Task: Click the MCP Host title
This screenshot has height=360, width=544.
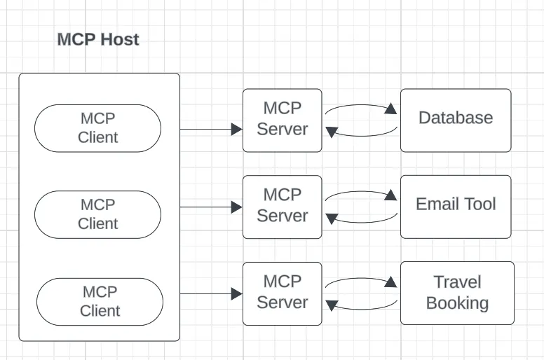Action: [x=98, y=39]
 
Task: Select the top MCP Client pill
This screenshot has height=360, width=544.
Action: [x=97, y=128]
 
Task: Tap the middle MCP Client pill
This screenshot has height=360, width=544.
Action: [x=97, y=214]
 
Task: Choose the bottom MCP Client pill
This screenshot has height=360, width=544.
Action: [x=100, y=301]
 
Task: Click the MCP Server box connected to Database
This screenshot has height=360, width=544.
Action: [x=282, y=120]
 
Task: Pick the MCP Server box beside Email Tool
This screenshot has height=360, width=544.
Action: [x=282, y=206]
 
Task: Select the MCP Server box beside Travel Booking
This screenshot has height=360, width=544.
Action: [x=282, y=293]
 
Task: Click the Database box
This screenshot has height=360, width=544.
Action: [x=456, y=120]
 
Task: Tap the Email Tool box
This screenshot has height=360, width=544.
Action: [x=456, y=206]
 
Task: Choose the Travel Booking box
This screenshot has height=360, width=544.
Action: [x=457, y=293]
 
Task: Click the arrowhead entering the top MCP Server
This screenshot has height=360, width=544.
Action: [x=237, y=130]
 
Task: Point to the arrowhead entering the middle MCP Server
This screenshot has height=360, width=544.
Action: [x=237, y=207]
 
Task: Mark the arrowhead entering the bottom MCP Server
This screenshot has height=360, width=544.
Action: [x=237, y=294]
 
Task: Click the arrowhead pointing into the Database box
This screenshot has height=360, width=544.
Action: [x=391, y=109]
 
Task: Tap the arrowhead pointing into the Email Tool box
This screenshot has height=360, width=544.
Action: [x=391, y=195]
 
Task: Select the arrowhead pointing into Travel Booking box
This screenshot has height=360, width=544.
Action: [x=391, y=282]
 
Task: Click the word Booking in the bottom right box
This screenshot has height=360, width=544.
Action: [x=457, y=303]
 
